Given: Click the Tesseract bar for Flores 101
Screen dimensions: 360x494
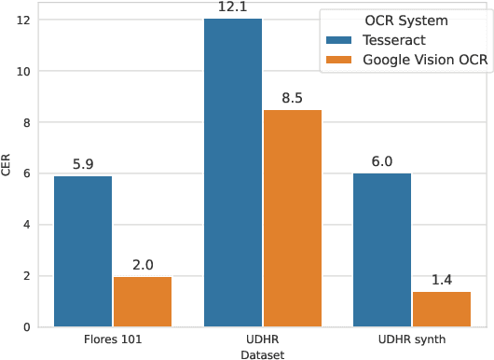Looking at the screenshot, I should tap(83, 251).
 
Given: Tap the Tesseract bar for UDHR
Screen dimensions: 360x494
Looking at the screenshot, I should tap(232, 173).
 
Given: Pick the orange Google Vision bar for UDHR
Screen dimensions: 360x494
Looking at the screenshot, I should tap(292, 218).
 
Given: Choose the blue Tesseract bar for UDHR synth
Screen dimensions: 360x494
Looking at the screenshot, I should tap(381, 250).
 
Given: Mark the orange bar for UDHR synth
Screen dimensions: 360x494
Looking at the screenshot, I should tap(441, 309).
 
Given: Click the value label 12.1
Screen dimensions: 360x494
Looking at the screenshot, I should tap(232, 7).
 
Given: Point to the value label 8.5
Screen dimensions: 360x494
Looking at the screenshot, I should tap(292, 98).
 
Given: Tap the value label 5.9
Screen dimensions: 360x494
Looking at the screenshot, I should tap(83, 164).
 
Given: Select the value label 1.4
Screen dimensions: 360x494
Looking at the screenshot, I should tap(441, 280).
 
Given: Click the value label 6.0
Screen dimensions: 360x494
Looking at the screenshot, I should tap(381, 161).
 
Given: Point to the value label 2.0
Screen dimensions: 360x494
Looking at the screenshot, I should tap(143, 265).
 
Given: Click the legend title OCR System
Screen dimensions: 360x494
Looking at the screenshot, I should tap(401, 21).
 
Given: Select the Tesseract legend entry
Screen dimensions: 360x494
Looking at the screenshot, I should tap(383, 40).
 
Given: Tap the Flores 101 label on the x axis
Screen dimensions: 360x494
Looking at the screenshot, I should tap(113, 339).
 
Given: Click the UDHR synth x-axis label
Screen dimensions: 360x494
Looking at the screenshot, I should tap(411, 339).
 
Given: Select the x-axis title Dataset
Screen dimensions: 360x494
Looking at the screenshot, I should tap(262, 354).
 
